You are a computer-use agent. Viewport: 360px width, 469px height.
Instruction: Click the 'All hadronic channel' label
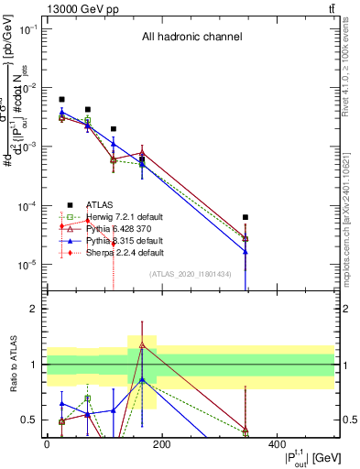[x=191, y=38]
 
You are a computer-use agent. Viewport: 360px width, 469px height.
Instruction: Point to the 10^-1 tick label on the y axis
[x=29, y=29]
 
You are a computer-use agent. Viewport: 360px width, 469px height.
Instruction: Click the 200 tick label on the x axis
[x=161, y=444]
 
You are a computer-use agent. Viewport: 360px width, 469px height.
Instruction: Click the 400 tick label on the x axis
[x=276, y=444]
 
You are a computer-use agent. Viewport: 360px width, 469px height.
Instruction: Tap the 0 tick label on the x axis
[x=47, y=444]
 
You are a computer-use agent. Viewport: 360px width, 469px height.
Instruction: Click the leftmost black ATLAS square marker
[x=61, y=99]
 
